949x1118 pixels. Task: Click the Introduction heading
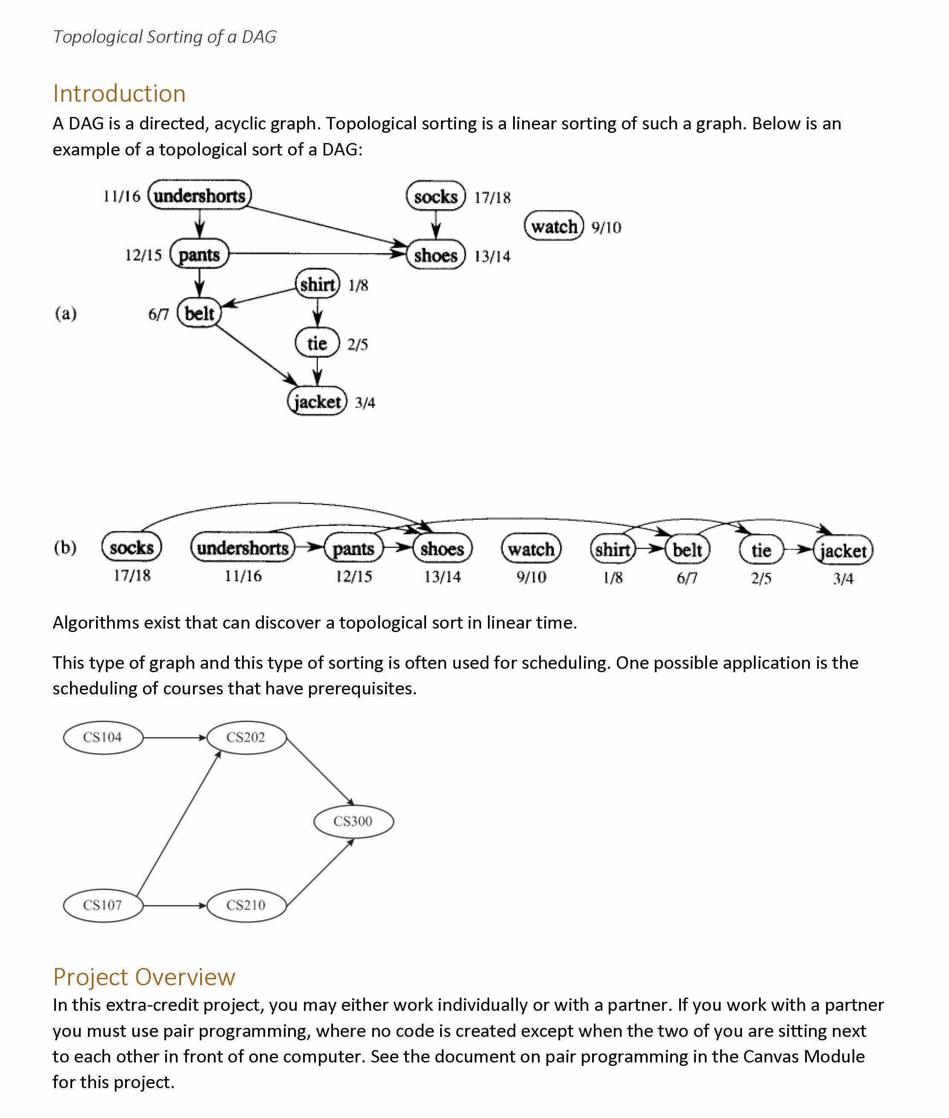point(119,94)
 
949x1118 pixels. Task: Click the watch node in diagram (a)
point(554,226)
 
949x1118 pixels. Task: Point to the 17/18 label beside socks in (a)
point(492,197)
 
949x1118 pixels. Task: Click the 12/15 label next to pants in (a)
point(143,255)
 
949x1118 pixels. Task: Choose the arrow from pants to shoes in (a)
point(318,253)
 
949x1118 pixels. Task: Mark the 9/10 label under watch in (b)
point(531,577)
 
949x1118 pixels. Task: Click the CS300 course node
point(353,821)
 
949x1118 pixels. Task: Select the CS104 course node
point(103,737)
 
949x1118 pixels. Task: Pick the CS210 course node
point(246,905)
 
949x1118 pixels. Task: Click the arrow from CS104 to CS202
point(175,738)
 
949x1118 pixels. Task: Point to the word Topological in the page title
point(97,37)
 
